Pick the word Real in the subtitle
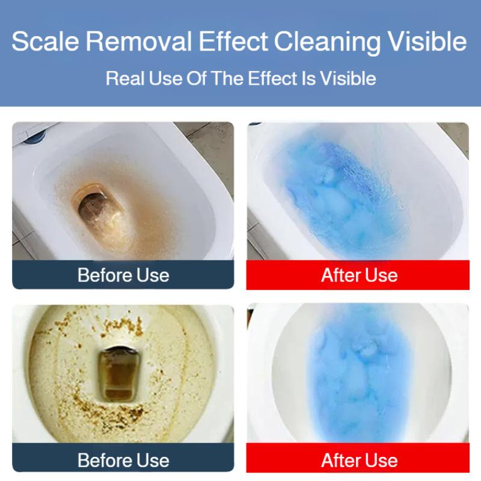tap(123, 79)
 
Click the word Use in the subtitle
tap(162, 79)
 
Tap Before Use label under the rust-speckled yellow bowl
tap(123, 461)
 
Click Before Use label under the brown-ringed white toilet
tap(123, 275)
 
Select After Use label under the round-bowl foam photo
tap(359, 461)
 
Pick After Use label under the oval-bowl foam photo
tap(359, 275)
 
